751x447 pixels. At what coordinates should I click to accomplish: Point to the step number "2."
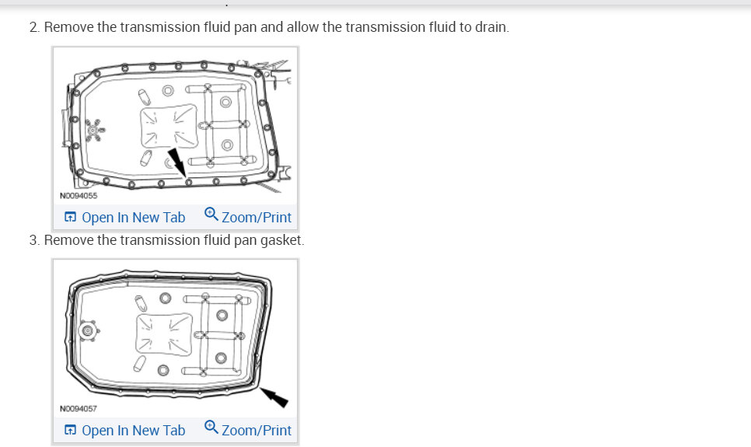point(35,27)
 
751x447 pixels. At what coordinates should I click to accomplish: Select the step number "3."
point(35,240)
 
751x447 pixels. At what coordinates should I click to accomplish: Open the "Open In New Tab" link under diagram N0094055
point(133,218)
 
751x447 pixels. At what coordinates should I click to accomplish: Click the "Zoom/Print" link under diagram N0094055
point(256,218)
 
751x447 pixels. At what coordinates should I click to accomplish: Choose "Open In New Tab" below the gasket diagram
point(133,430)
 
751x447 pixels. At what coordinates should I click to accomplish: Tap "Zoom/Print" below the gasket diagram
point(256,430)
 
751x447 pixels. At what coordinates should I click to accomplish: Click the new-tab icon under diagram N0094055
point(70,218)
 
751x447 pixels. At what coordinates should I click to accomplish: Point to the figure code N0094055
point(79,196)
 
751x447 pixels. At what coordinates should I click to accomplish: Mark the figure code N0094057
point(79,408)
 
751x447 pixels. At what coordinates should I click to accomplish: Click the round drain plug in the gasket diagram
point(88,331)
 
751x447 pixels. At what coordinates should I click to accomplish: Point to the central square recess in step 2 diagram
point(166,126)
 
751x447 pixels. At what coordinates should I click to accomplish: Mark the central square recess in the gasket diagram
point(164,335)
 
